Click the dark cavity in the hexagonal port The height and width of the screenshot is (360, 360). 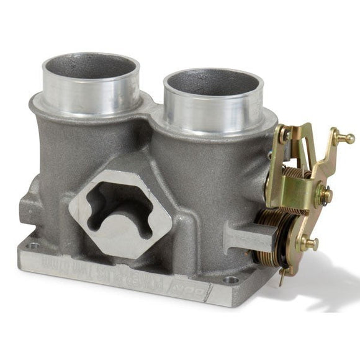[x=118, y=205]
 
